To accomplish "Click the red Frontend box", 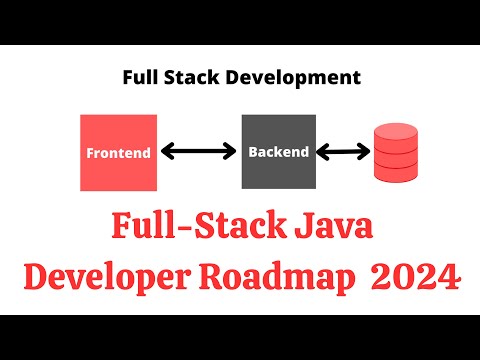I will click(118, 152).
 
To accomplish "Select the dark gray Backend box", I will click(279, 152).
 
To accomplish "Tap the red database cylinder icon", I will click(398, 153).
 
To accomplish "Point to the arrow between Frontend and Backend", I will click(200, 153).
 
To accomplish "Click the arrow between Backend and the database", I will click(342, 153).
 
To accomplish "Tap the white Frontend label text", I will click(118, 154).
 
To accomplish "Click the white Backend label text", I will click(279, 153).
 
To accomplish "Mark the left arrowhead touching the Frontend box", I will click(167, 153).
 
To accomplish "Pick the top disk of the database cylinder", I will click(398, 134).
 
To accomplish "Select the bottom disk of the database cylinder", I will click(398, 172).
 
